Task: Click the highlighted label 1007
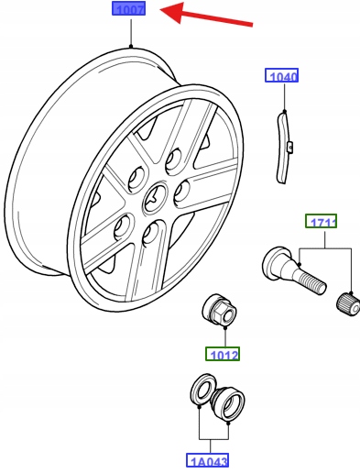[128, 8]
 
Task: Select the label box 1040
[281, 75]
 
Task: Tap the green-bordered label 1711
[322, 221]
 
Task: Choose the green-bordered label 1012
[223, 354]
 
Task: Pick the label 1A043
[208, 460]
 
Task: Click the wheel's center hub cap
[156, 199]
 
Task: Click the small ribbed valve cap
[348, 303]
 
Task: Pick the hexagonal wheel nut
[219, 310]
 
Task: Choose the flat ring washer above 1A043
[202, 390]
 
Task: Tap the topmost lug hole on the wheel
[173, 160]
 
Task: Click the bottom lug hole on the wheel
[150, 234]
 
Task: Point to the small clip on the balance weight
[290, 147]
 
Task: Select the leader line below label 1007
[131, 32]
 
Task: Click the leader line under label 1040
[285, 97]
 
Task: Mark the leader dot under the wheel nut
[225, 328]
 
